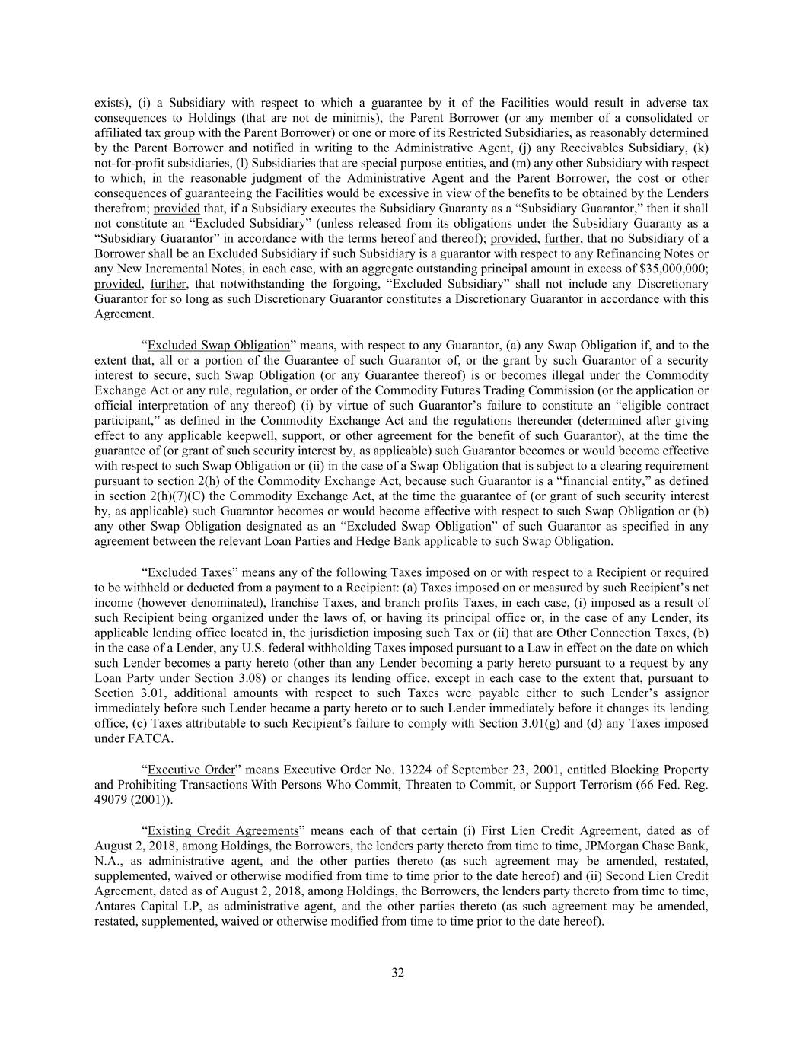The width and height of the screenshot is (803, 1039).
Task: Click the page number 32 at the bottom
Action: click(397, 972)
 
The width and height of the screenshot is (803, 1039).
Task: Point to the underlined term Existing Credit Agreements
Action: click(223, 830)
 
